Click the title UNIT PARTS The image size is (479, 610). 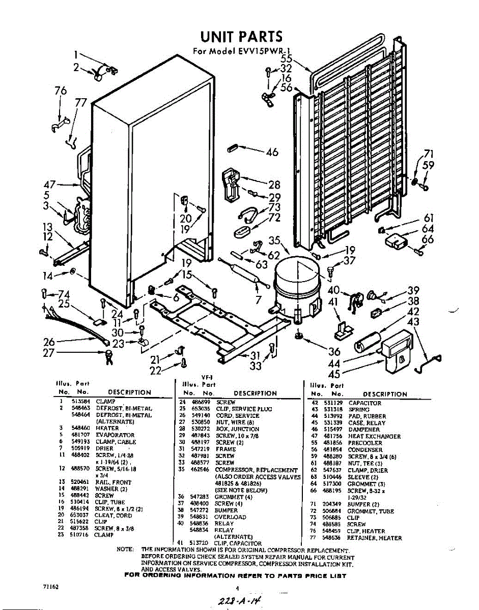point(241,37)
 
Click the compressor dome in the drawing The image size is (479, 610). point(295,282)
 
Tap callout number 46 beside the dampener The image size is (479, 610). point(272,151)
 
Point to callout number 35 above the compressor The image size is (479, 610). point(275,240)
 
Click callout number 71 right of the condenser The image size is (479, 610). point(429,154)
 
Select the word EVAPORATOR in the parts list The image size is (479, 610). point(116,435)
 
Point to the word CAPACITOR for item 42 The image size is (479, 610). point(365,403)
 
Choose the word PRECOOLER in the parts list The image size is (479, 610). point(367,443)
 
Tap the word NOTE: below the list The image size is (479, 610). point(125,550)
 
